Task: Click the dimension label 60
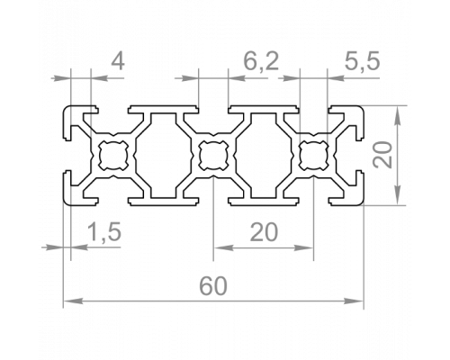point(213,286)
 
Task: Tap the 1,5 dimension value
point(104,232)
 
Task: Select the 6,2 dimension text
point(261,62)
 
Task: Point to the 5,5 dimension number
point(362,61)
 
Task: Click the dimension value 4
point(118,62)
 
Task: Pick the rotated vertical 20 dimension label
point(382,155)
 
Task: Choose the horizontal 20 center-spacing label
point(264,232)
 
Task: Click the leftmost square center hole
point(113,155)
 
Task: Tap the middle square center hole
point(213,155)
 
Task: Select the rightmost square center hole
point(314,155)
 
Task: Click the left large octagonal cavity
point(164,156)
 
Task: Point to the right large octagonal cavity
point(264,156)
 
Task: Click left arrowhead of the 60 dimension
point(73,301)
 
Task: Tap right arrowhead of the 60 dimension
point(354,301)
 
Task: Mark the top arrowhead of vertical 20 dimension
point(398,115)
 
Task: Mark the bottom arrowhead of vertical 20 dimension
point(398,195)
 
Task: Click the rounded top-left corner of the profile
point(67,109)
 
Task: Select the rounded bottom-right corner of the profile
point(361,202)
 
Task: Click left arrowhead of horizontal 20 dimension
point(223,247)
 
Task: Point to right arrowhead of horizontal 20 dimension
point(303,247)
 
